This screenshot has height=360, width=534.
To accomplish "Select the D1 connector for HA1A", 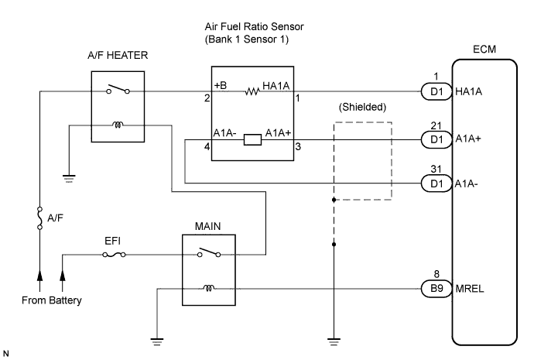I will pyautogui.click(x=431, y=91).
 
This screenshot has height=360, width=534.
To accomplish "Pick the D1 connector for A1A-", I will pyautogui.click(x=431, y=183).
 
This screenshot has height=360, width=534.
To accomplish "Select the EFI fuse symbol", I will pyautogui.click(x=115, y=253).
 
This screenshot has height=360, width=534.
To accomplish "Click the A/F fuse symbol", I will pyautogui.click(x=39, y=219).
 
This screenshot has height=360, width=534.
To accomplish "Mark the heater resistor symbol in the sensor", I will pyautogui.click(x=251, y=91).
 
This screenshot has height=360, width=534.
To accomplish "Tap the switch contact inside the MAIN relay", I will pyautogui.click(x=210, y=252).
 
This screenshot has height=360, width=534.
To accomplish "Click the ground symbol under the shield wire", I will pyautogui.click(x=334, y=338).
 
